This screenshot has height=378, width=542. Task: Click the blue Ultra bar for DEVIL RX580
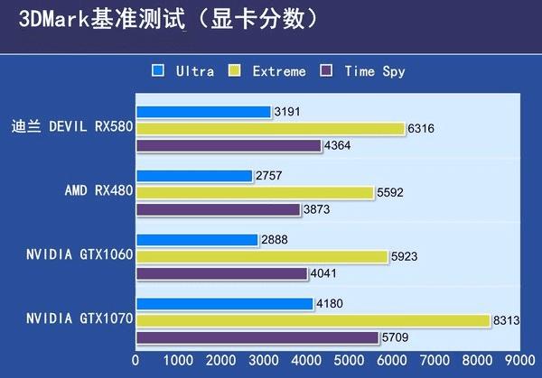(x=203, y=112)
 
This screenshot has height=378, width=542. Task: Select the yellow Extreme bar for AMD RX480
(x=254, y=192)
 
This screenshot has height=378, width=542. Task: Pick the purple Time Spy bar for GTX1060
(x=221, y=273)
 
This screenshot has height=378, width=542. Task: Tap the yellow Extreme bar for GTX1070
(x=313, y=320)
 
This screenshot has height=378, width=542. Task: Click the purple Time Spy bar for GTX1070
(x=257, y=337)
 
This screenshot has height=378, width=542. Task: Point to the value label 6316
(x=422, y=129)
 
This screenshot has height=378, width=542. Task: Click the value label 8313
(x=505, y=320)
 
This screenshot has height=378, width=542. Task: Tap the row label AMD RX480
(x=98, y=191)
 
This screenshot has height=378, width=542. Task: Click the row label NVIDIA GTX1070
(x=79, y=319)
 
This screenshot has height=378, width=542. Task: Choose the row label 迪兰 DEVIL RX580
(x=73, y=126)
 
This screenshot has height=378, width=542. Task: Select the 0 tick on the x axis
(x=136, y=360)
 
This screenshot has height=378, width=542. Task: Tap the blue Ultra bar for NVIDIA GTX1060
(x=197, y=240)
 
